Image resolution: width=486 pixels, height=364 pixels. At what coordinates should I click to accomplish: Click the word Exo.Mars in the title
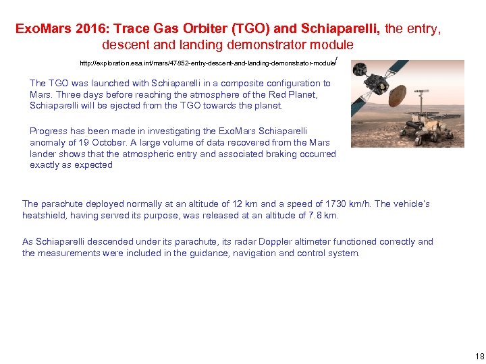[x=39, y=29]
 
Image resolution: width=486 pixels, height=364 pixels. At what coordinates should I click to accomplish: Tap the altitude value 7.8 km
[x=322, y=215]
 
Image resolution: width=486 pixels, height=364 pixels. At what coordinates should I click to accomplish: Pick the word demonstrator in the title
[x=262, y=45]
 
